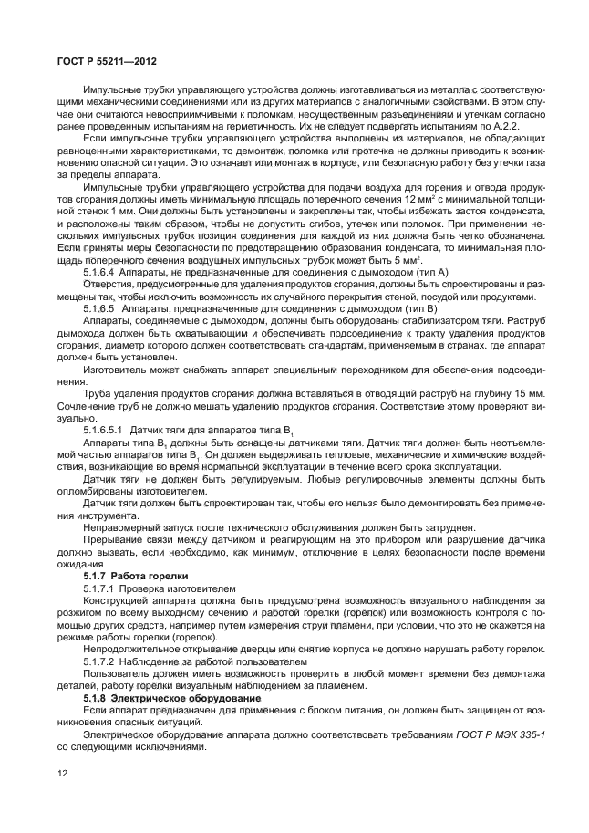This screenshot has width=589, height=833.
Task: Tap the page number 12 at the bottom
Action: (62, 775)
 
